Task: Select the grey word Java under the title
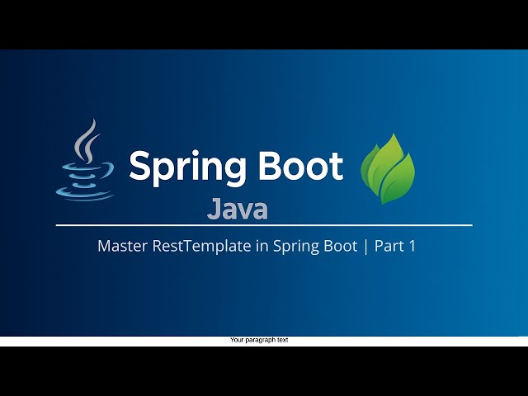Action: [238, 209]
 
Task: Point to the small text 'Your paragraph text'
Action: [259, 340]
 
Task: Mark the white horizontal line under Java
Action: [264, 224]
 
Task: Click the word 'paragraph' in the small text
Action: [260, 340]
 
